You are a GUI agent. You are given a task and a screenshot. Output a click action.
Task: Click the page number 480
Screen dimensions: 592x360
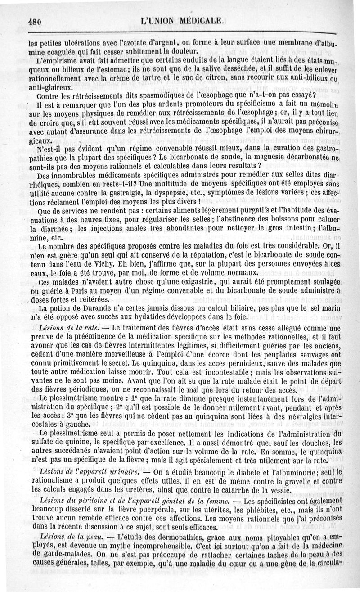tap(35, 20)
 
